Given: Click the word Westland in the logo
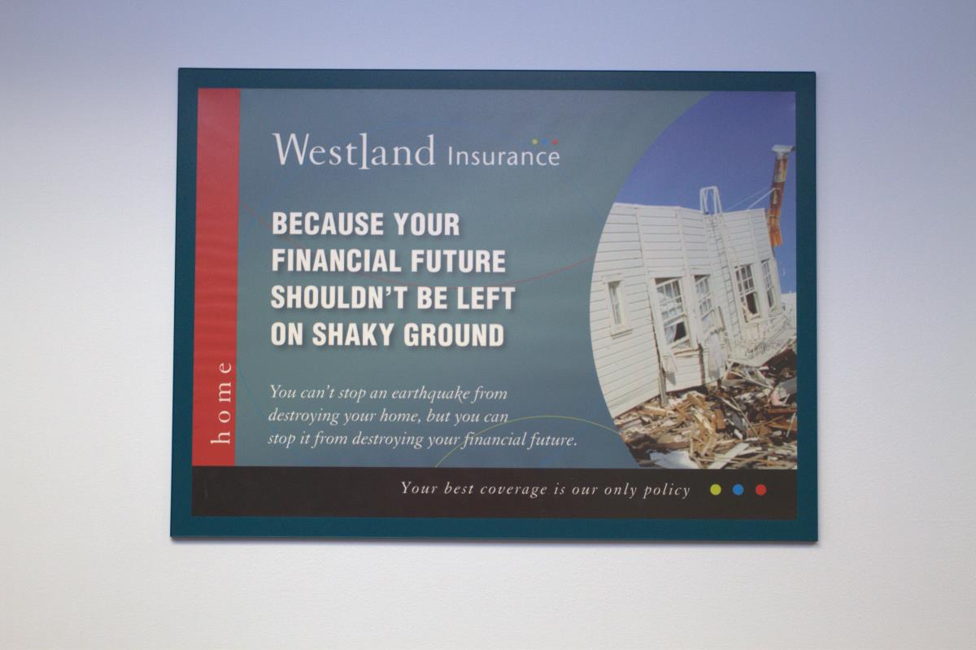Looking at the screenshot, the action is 355,151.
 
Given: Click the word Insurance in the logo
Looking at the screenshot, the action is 503,156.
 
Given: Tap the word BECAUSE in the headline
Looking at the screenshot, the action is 328,224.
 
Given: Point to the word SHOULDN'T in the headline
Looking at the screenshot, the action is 340,298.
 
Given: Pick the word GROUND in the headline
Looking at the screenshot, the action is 454,335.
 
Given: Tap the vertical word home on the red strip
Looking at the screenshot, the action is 222,403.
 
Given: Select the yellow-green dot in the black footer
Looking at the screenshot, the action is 716,490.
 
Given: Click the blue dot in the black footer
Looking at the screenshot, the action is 739,490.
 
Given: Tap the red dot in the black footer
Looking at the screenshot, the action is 760,490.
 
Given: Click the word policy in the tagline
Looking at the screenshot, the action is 667,491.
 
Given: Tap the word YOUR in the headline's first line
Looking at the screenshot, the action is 426,224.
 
